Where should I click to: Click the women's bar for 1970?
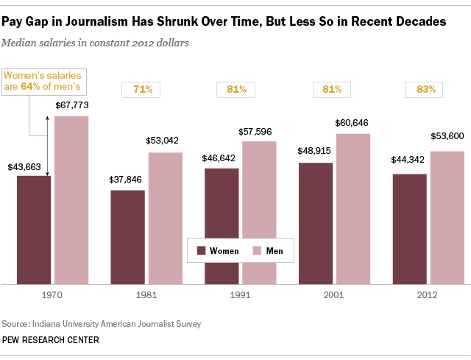pyautogui.click(x=34, y=229)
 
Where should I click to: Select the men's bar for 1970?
pyautogui.click(x=71, y=199)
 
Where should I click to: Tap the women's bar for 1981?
pyautogui.click(x=127, y=236)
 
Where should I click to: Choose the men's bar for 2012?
pyautogui.click(x=447, y=216)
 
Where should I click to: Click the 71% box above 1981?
pyautogui.click(x=142, y=90)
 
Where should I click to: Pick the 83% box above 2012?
pyautogui.click(x=425, y=90)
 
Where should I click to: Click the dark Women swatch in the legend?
pyautogui.click(x=201, y=251)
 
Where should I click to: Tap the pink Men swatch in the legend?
pyautogui.click(x=258, y=251)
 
